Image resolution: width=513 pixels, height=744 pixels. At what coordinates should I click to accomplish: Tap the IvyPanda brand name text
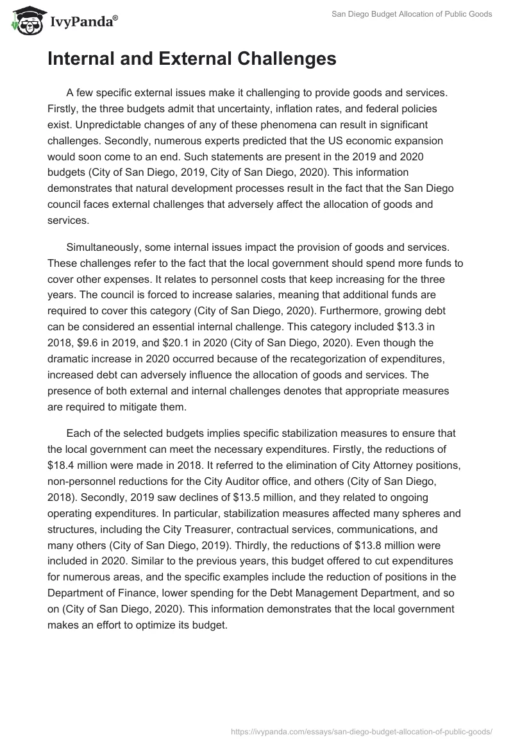click(82, 22)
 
